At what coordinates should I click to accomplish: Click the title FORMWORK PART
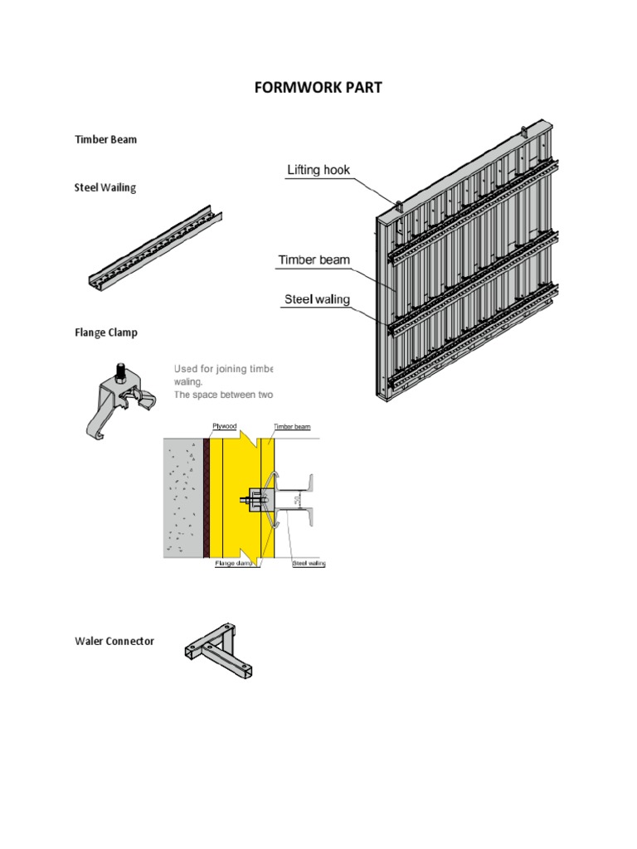(x=318, y=87)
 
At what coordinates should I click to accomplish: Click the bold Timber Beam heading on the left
(x=106, y=139)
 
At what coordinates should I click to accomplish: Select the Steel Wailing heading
(x=105, y=187)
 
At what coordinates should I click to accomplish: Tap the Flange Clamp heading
(x=106, y=332)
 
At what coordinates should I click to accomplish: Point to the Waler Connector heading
(x=114, y=641)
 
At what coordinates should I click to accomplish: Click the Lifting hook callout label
(x=318, y=170)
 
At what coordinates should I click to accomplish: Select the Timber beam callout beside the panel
(x=314, y=260)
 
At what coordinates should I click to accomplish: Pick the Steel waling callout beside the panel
(x=317, y=298)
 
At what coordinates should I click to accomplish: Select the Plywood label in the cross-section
(x=225, y=425)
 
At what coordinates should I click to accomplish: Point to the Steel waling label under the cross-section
(x=309, y=564)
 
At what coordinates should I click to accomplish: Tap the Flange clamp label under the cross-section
(x=231, y=564)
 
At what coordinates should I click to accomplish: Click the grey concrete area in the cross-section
(x=182, y=497)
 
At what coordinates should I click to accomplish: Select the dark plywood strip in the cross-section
(x=207, y=497)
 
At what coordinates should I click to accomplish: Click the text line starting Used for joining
(x=223, y=368)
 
